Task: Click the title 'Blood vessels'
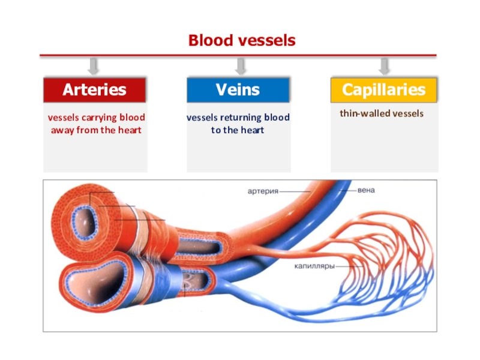pos(242,40)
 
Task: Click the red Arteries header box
pos(95,89)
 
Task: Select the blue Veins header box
pos(238,89)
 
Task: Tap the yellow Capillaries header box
pos(383,89)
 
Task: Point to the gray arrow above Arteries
pos(93,67)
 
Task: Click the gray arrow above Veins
pos(241,67)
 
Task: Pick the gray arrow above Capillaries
pos(384,67)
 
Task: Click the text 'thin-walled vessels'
pos(382,113)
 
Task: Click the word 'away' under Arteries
pos(62,130)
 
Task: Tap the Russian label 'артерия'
pos(263,191)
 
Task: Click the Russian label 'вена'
pos(366,190)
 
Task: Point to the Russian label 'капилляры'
pos(314,266)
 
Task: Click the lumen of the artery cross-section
pos(84,223)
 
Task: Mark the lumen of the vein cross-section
pos(97,283)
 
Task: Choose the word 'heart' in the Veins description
pos(252,130)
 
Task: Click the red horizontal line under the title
pos(238,55)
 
